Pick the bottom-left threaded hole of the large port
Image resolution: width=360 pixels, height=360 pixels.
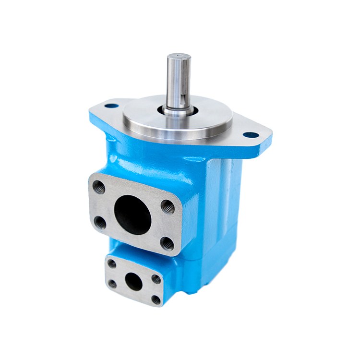[x=101, y=222]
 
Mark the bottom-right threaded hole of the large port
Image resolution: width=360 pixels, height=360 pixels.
[x=167, y=244]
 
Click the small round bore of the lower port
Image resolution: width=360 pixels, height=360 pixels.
[x=134, y=282]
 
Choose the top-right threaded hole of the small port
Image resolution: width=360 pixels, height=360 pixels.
[x=156, y=278]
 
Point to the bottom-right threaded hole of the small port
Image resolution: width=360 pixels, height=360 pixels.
[x=156, y=300]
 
